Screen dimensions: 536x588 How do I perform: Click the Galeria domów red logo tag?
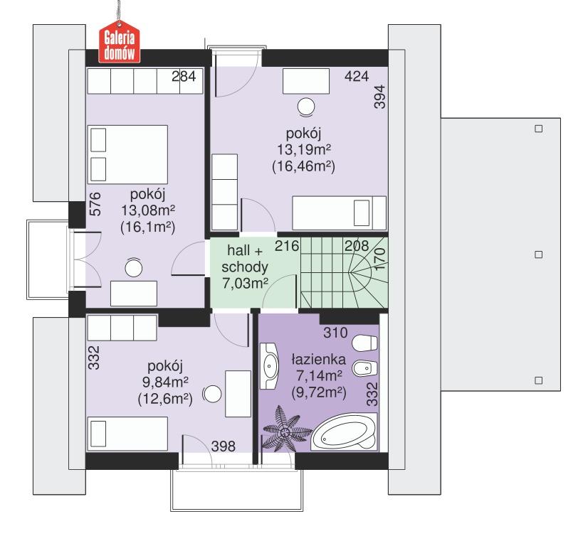(120, 45)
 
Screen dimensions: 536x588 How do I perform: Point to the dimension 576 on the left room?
(95, 203)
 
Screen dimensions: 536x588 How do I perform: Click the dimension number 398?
(224, 446)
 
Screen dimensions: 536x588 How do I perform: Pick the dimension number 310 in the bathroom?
(334, 332)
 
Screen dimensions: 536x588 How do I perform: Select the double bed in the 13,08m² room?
(128, 154)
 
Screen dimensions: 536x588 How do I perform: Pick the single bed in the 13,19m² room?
(340, 212)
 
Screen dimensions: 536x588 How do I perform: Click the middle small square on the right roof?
(538, 254)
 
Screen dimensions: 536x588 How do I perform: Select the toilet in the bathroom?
(367, 342)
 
